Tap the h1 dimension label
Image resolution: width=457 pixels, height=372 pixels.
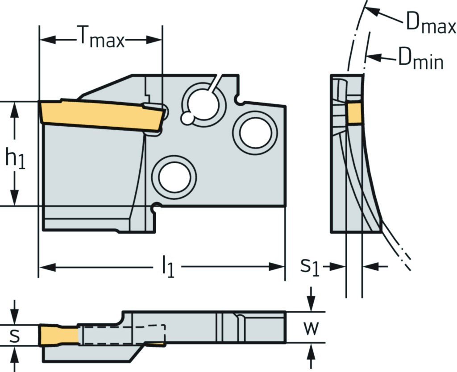(x=15, y=160)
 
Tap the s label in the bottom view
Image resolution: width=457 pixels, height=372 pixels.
(x=15, y=335)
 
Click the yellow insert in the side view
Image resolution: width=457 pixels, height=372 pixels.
(x=100, y=114)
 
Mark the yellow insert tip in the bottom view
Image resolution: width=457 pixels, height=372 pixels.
(x=58, y=335)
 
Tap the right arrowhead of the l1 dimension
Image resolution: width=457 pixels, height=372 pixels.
(x=279, y=267)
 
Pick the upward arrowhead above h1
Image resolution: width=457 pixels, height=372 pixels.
(x=15, y=107)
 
